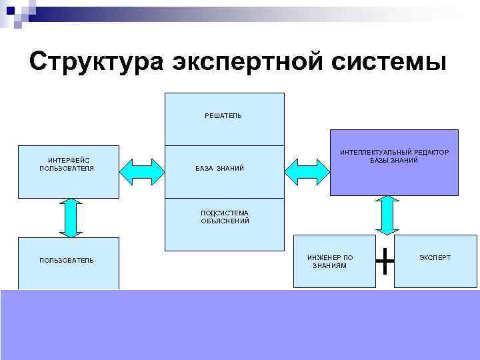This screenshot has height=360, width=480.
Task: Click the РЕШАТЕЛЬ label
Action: (x=223, y=116)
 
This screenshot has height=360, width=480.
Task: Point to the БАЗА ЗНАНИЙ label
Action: (x=219, y=169)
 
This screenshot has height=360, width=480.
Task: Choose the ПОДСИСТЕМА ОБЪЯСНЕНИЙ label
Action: (x=225, y=217)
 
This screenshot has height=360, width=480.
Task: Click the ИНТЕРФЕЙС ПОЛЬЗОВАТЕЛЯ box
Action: (x=69, y=172)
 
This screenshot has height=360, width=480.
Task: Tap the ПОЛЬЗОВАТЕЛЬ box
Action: (x=69, y=263)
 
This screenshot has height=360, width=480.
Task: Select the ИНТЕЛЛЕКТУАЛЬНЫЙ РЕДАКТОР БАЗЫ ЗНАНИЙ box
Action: (x=394, y=162)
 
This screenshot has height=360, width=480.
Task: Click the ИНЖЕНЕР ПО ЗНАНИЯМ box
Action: (x=330, y=261)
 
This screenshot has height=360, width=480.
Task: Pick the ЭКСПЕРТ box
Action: (x=435, y=261)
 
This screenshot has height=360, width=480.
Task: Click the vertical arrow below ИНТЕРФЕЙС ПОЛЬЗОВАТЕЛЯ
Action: (x=70, y=217)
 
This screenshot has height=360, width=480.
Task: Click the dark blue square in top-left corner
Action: (x=10, y=10)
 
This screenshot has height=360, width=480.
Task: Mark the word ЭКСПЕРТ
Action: (x=435, y=257)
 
